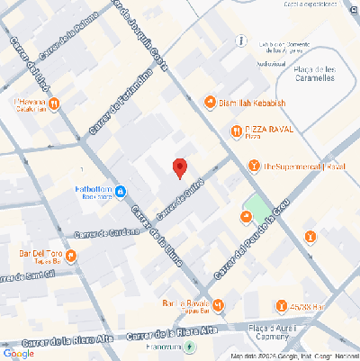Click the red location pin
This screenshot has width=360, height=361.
(180, 167)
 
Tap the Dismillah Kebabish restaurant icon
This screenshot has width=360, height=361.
(210, 104)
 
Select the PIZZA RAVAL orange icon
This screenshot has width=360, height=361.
(236, 130)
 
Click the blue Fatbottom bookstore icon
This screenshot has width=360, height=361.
(119, 190)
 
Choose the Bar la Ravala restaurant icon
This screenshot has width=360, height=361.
(218, 304)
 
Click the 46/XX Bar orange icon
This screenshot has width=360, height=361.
(282, 305)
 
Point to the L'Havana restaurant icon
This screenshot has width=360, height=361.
(54, 104)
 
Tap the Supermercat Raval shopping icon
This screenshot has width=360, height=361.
(255, 166)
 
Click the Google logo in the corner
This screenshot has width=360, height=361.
(18, 353)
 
